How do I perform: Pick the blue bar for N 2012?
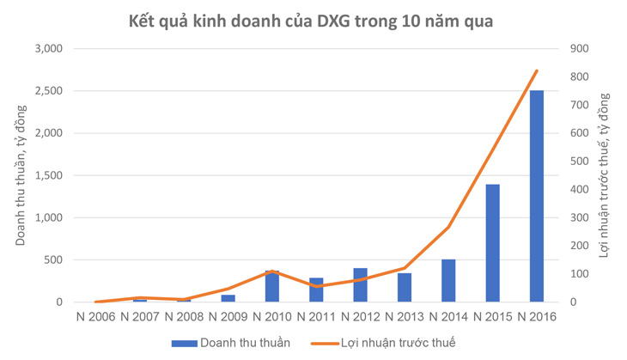pos(360,285)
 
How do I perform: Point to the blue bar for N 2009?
pos(228,298)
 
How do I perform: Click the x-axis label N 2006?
pos(94,316)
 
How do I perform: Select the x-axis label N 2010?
pos(271,316)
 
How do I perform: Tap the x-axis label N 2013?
pos(405,316)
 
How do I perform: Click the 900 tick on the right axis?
pos(578,49)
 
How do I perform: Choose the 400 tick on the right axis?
pos(578,190)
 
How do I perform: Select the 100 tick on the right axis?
pos(578,274)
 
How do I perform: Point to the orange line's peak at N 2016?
pos(536,70)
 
